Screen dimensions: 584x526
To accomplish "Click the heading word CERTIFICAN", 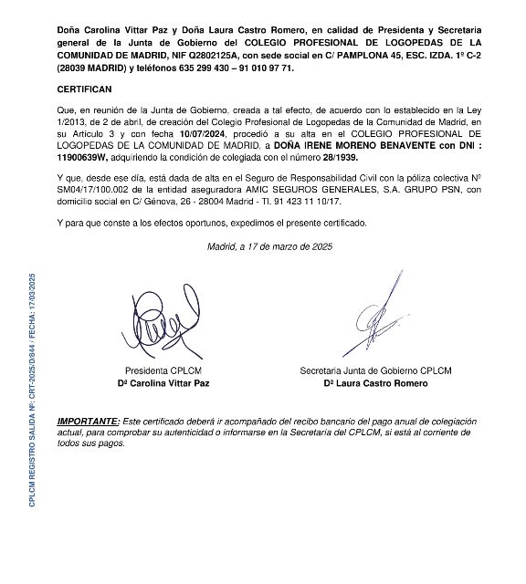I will [84, 90].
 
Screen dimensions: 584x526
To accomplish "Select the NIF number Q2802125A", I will [205, 55].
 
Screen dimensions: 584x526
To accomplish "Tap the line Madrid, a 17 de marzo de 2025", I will [269, 246].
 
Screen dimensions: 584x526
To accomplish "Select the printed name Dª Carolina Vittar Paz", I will [167, 383].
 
